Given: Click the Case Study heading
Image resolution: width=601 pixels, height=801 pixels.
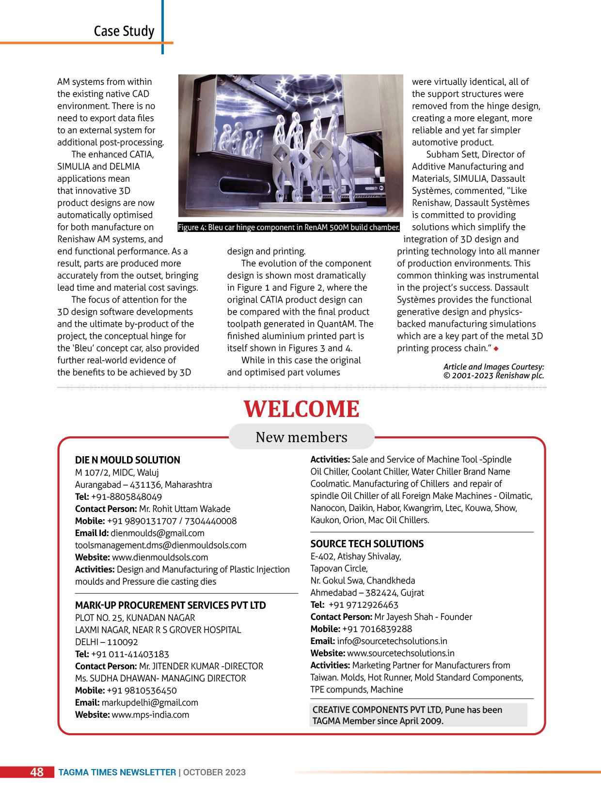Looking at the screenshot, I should tap(124, 31).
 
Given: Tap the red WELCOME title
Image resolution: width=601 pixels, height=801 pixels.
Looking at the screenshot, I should tap(301, 409).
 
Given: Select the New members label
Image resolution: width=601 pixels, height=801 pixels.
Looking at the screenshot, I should tap(301, 437).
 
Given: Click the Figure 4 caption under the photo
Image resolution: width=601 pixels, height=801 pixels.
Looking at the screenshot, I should tap(288, 227).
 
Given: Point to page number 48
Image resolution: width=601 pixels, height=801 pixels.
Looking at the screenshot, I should tap(37, 772).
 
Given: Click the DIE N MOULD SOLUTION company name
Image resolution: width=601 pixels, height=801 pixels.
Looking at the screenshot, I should tap(127, 460).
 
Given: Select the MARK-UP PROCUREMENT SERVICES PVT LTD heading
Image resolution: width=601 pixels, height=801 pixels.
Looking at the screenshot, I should tap(170, 605).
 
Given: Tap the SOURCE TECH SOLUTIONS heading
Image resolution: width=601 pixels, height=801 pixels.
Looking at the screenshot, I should tap(367, 544).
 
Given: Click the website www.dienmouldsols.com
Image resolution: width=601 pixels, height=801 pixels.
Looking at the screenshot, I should tap(160, 557).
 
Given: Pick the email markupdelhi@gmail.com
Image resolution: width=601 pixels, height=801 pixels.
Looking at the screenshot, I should tap(150, 703).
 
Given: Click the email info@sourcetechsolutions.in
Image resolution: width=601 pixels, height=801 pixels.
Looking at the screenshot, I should tap(392, 641).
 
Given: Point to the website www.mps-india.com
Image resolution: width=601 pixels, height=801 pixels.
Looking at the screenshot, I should tap(150, 715).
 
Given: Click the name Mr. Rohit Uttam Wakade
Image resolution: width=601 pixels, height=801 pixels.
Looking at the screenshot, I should tap(185, 509).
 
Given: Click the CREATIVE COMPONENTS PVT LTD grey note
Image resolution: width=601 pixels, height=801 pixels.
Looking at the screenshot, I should tap(418, 715).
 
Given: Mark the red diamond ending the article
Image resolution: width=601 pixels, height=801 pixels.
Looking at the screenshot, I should tap(496, 349).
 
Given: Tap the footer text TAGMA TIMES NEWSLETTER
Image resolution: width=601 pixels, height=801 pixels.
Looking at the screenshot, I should tap(117, 772).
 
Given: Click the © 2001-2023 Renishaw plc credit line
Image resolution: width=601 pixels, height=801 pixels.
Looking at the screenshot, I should tap(493, 376).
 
